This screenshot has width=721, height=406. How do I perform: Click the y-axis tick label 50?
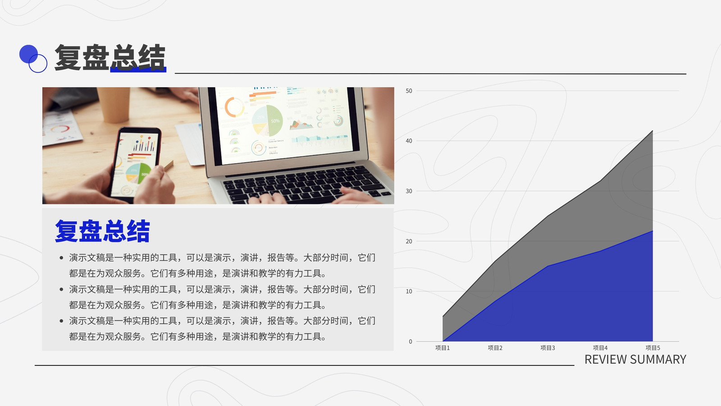pyautogui.click(x=409, y=91)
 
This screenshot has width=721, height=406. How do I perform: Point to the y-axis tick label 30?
pyautogui.click(x=409, y=191)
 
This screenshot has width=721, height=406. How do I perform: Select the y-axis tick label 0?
pyautogui.click(x=411, y=341)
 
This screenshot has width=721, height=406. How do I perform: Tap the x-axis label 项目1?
pyautogui.click(x=443, y=348)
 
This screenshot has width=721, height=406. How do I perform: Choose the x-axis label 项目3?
pyautogui.click(x=548, y=348)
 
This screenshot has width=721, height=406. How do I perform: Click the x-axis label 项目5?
pyautogui.click(x=653, y=348)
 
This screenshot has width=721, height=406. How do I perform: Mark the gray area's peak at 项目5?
pyautogui.click(x=653, y=130)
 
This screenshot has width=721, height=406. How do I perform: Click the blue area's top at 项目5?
pyautogui.click(x=653, y=231)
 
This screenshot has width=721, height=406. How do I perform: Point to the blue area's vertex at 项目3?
pyautogui.click(x=548, y=266)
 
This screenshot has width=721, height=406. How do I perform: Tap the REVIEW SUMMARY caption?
pyautogui.click(x=635, y=359)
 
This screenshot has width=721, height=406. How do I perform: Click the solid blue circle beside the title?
pyautogui.click(x=28, y=54)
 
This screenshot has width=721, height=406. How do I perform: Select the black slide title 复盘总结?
pyautogui.click(x=110, y=57)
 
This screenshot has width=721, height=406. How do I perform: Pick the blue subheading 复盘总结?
pyautogui.click(x=102, y=231)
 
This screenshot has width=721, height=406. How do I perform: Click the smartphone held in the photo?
pyautogui.click(x=135, y=164)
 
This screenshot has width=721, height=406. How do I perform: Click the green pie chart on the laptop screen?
pyautogui.click(x=267, y=120)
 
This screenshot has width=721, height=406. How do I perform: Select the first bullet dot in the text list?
pyautogui.click(x=61, y=258)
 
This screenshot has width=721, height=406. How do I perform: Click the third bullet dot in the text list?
pyautogui.click(x=61, y=321)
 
